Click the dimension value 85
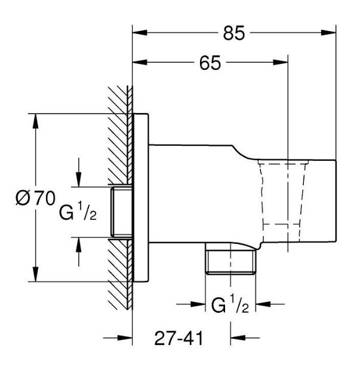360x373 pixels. (x=233, y=33)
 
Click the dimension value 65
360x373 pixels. (x=210, y=63)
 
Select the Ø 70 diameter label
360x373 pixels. (x=35, y=198)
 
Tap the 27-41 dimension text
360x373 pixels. (x=179, y=338)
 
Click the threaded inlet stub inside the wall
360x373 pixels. (x=121, y=212)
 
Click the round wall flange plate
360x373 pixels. (x=141, y=198)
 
